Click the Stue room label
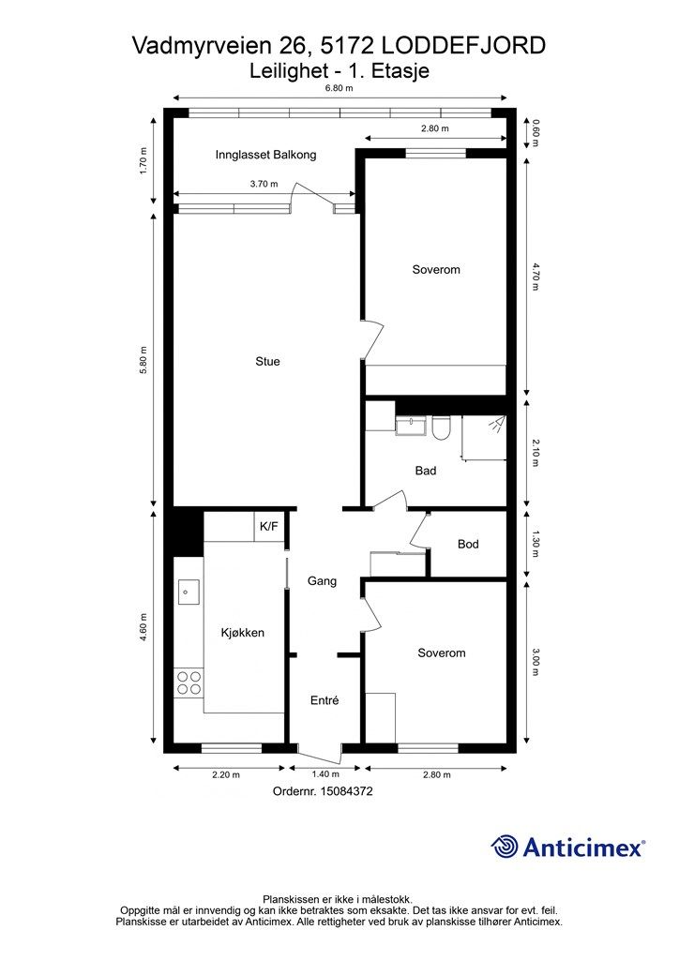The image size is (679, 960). [x=267, y=362]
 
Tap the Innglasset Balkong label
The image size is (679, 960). [x=265, y=155]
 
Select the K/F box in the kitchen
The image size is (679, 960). [x=269, y=527]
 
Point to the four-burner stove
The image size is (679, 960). [x=189, y=682]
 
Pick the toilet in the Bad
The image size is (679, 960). [x=440, y=427]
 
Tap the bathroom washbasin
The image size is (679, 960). [x=411, y=425]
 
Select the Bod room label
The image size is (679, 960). [x=468, y=545]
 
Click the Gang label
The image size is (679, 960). [x=322, y=581]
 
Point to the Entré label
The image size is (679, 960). [x=324, y=700]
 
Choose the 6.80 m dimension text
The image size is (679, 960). [x=339, y=88]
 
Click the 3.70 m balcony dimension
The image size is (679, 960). [x=264, y=185]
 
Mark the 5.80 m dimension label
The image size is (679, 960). [x=143, y=361]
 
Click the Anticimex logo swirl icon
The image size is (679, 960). [x=505, y=847]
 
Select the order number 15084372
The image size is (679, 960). [x=349, y=791]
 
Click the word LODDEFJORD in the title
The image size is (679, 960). [x=463, y=46]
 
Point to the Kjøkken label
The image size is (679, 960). [x=243, y=633]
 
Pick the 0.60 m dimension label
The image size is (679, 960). [x=536, y=132]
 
